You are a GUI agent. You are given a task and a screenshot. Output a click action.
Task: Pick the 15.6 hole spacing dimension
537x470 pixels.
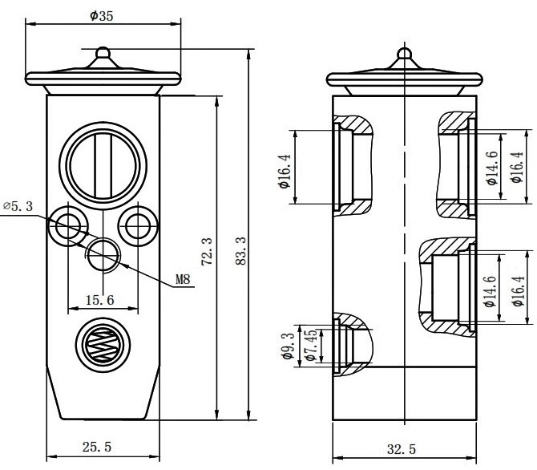(x=99, y=299)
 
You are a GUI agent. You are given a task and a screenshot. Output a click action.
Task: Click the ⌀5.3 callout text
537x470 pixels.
(x=17, y=207)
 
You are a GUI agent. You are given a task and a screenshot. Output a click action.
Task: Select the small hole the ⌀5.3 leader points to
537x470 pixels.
(x=67, y=225)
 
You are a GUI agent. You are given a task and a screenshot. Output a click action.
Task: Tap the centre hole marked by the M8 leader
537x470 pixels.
(x=103, y=255)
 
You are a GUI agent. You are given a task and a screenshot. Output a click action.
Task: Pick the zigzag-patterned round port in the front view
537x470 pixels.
(x=102, y=345)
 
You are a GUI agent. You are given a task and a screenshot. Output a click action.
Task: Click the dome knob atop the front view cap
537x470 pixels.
(x=102, y=55)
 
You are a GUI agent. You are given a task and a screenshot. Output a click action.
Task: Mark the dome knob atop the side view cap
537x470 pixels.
(x=404, y=56)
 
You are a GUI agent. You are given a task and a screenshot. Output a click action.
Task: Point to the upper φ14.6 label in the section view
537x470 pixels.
(x=493, y=168)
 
